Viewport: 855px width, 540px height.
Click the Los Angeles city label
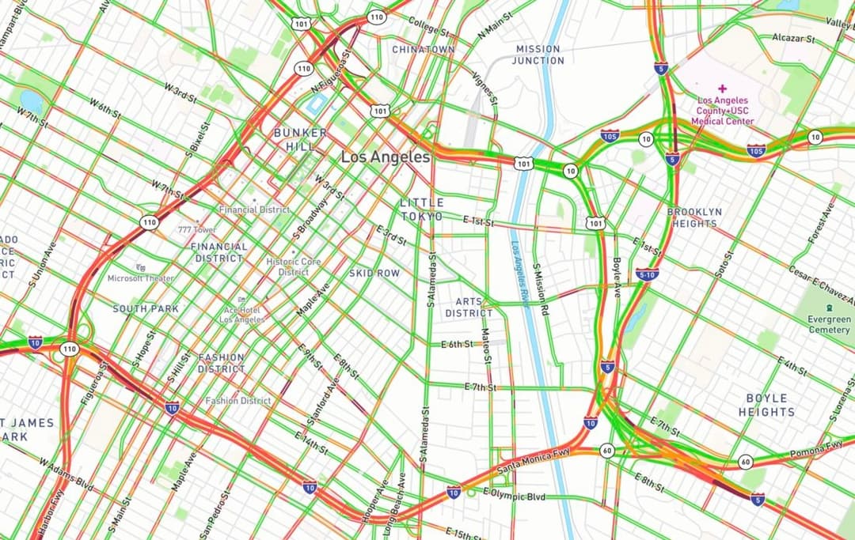[x=386, y=157]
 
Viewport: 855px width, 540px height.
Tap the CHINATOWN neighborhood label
[x=424, y=49]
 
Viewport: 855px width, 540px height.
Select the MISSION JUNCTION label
[x=538, y=55]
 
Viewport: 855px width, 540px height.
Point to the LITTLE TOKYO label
[x=422, y=210]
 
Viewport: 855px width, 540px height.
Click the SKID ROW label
[x=374, y=273]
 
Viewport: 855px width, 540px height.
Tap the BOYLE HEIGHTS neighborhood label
[x=766, y=405]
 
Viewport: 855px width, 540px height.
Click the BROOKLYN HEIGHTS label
[x=694, y=217]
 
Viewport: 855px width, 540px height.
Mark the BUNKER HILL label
[x=300, y=139]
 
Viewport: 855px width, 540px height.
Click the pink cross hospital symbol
[x=721, y=89]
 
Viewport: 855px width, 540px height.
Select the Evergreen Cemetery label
[x=829, y=324]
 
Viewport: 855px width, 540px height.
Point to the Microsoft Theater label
[x=141, y=278]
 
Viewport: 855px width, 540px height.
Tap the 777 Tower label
[x=197, y=229]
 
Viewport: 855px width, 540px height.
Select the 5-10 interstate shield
[x=647, y=274]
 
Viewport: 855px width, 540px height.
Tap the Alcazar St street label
[x=793, y=38]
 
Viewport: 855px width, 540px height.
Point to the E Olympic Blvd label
[x=514, y=497]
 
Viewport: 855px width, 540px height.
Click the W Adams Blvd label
[x=66, y=474]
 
